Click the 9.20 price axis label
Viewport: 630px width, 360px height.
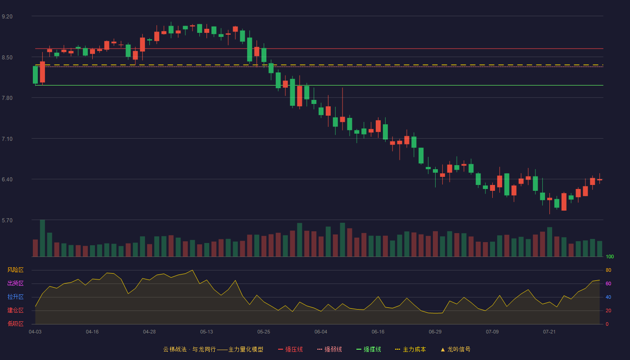tap(7, 17)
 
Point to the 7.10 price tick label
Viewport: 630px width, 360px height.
tap(7, 139)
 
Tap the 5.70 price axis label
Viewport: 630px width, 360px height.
tap(7, 220)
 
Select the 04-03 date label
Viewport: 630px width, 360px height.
tap(35, 332)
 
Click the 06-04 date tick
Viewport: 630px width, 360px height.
tap(321, 332)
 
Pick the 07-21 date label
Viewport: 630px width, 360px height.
tap(549, 332)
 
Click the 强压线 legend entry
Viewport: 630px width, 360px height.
tap(290, 349)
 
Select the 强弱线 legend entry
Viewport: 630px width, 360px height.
tap(329, 349)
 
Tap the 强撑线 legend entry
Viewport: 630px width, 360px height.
tap(369, 349)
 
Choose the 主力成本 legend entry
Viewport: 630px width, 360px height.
tap(410, 349)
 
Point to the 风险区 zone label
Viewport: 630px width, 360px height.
tap(15, 270)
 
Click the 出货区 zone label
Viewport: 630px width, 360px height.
tap(15, 283)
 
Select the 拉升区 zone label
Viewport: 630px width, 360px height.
tap(15, 297)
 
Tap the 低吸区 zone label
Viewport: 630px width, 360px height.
tap(15, 324)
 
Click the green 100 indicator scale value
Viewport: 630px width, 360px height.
tap(610, 256)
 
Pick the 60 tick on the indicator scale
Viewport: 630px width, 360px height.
tap(608, 283)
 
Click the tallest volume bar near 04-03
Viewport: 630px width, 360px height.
tap(42, 238)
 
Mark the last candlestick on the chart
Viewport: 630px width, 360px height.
tap(599, 179)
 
